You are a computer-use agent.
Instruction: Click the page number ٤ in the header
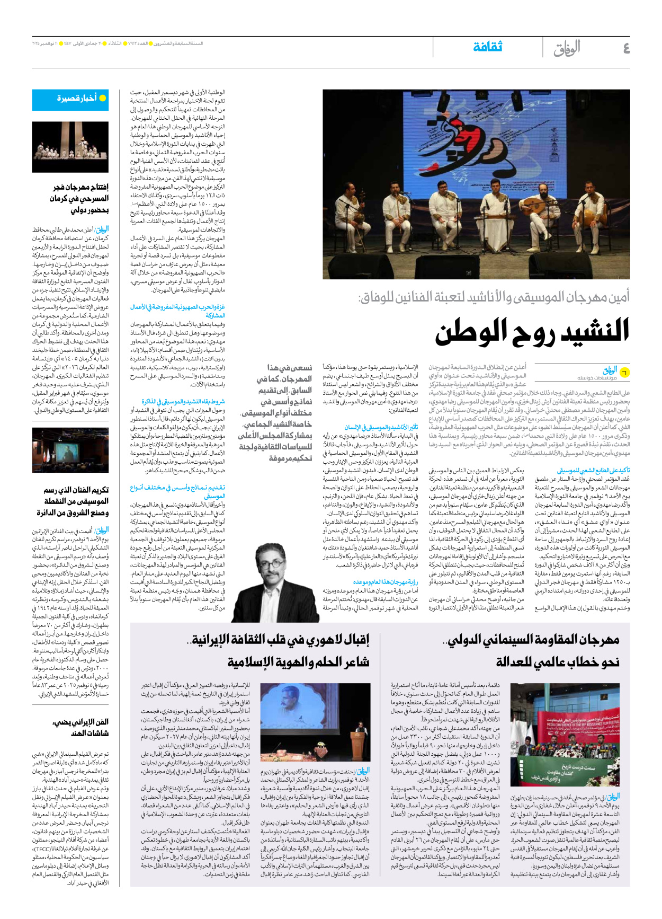coord(626,48)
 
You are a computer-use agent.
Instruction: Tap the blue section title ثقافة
coord(487,47)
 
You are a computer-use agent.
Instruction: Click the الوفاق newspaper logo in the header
coord(567,48)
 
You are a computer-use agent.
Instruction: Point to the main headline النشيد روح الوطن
coord(532,331)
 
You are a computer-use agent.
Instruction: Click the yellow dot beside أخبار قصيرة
coord(103,98)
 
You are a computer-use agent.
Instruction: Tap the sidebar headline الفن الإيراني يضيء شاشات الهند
coord(80,727)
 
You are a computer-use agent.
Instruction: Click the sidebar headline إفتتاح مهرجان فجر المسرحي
coord(80,198)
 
